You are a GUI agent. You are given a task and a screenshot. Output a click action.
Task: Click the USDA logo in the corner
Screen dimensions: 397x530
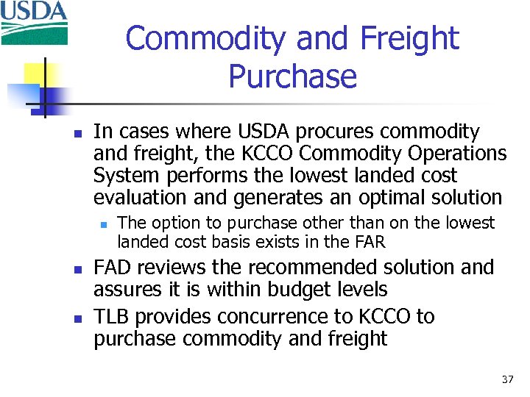tap(35, 22)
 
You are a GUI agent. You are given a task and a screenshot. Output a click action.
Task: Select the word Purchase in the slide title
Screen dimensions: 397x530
tap(292, 76)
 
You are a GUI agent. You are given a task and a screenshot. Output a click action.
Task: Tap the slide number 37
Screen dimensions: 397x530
tap(507, 379)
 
